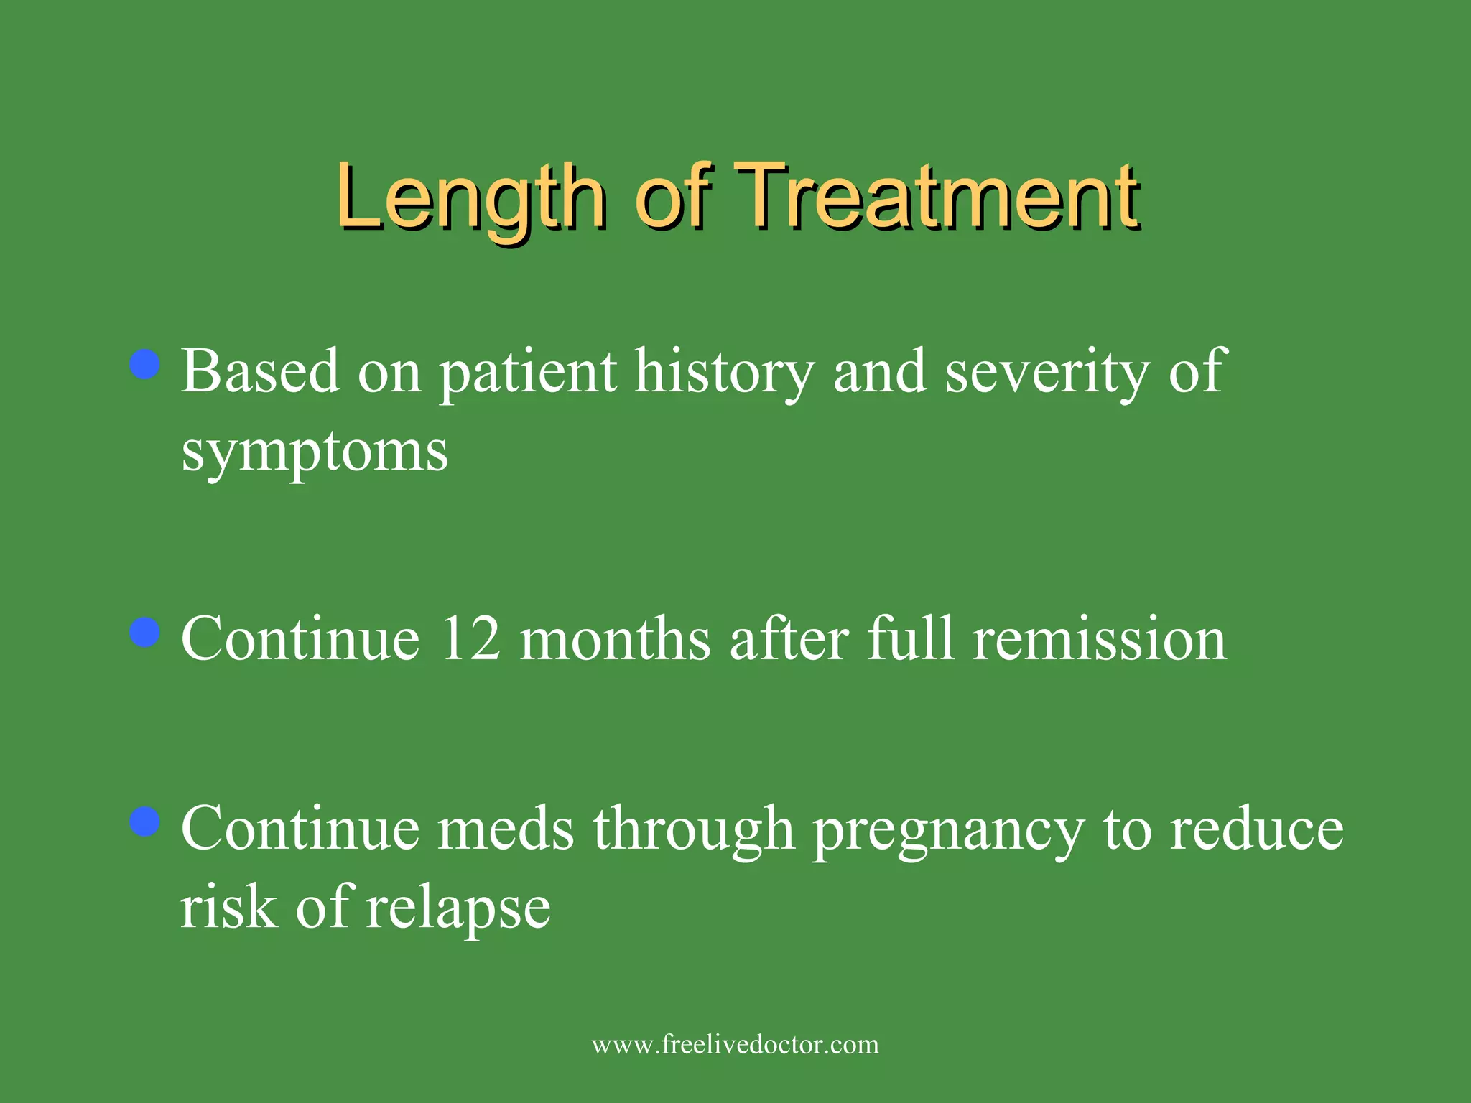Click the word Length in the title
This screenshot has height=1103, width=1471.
tap(470, 197)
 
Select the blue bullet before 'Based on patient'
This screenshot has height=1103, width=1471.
tap(145, 364)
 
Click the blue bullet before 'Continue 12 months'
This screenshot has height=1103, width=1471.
tap(145, 633)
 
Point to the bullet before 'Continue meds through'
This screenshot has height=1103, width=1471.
tap(145, 822)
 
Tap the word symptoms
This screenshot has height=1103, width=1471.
tap(315, 452)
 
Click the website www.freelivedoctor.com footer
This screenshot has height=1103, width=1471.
tap(735, 1044)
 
